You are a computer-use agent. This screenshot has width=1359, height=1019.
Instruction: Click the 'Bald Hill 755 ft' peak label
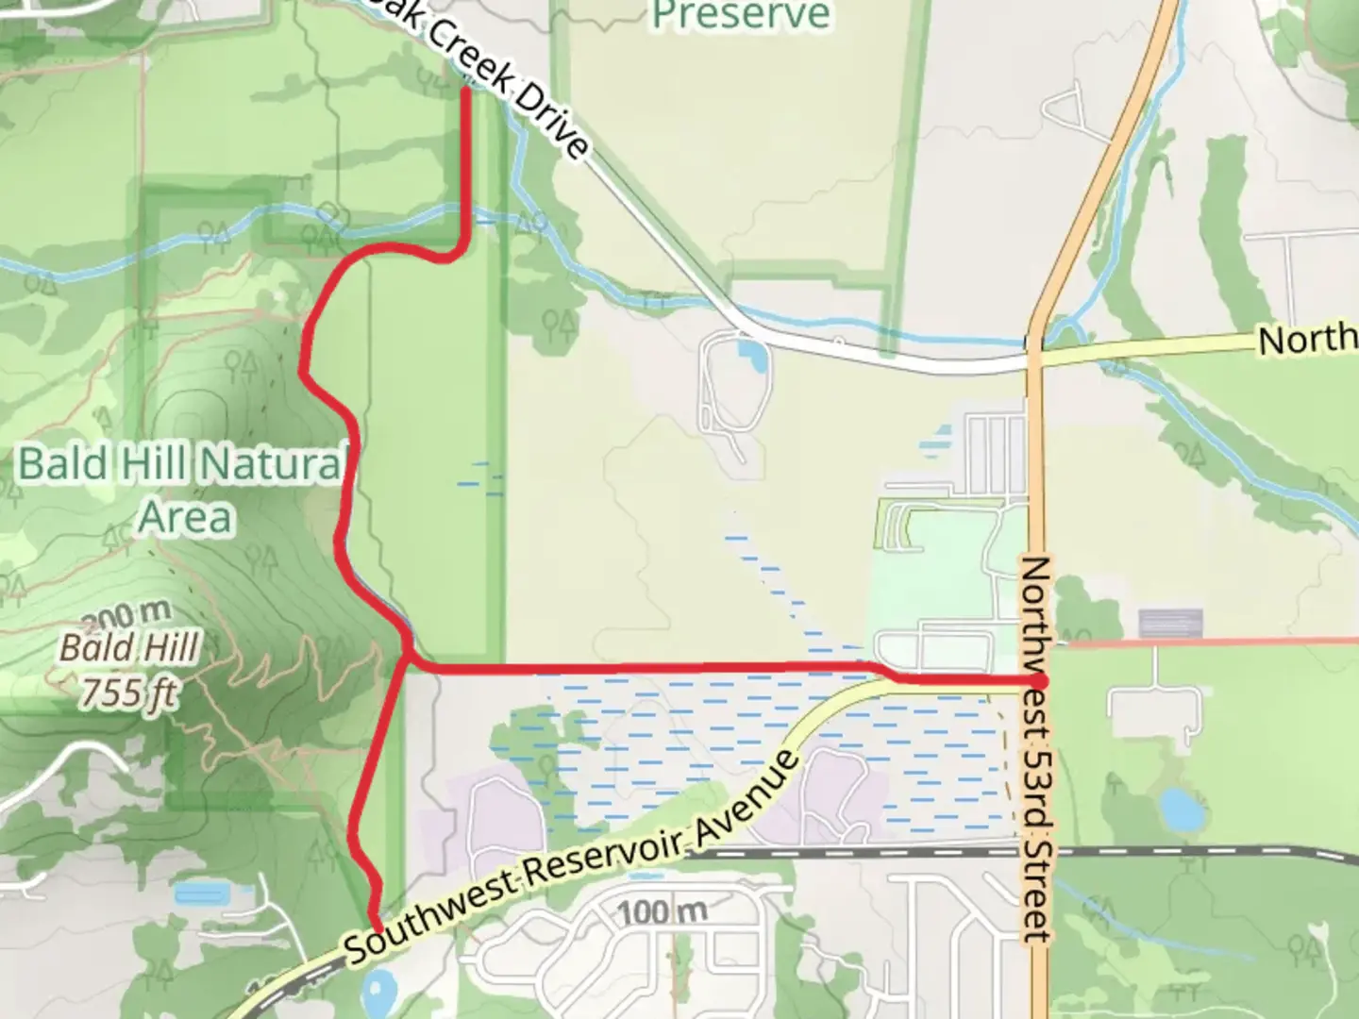click(130, 671)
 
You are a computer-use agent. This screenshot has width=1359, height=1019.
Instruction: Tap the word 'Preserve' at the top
click(741, 15)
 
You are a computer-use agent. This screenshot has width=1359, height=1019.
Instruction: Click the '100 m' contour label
click(663, 911)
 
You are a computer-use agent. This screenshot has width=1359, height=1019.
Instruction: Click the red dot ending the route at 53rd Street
click(1038, 681)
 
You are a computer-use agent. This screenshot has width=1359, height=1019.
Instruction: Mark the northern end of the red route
click(466, 91)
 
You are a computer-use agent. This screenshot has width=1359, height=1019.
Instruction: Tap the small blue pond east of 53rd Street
click(1177, 808)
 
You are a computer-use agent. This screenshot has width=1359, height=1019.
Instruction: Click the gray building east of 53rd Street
click(1170, 623)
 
